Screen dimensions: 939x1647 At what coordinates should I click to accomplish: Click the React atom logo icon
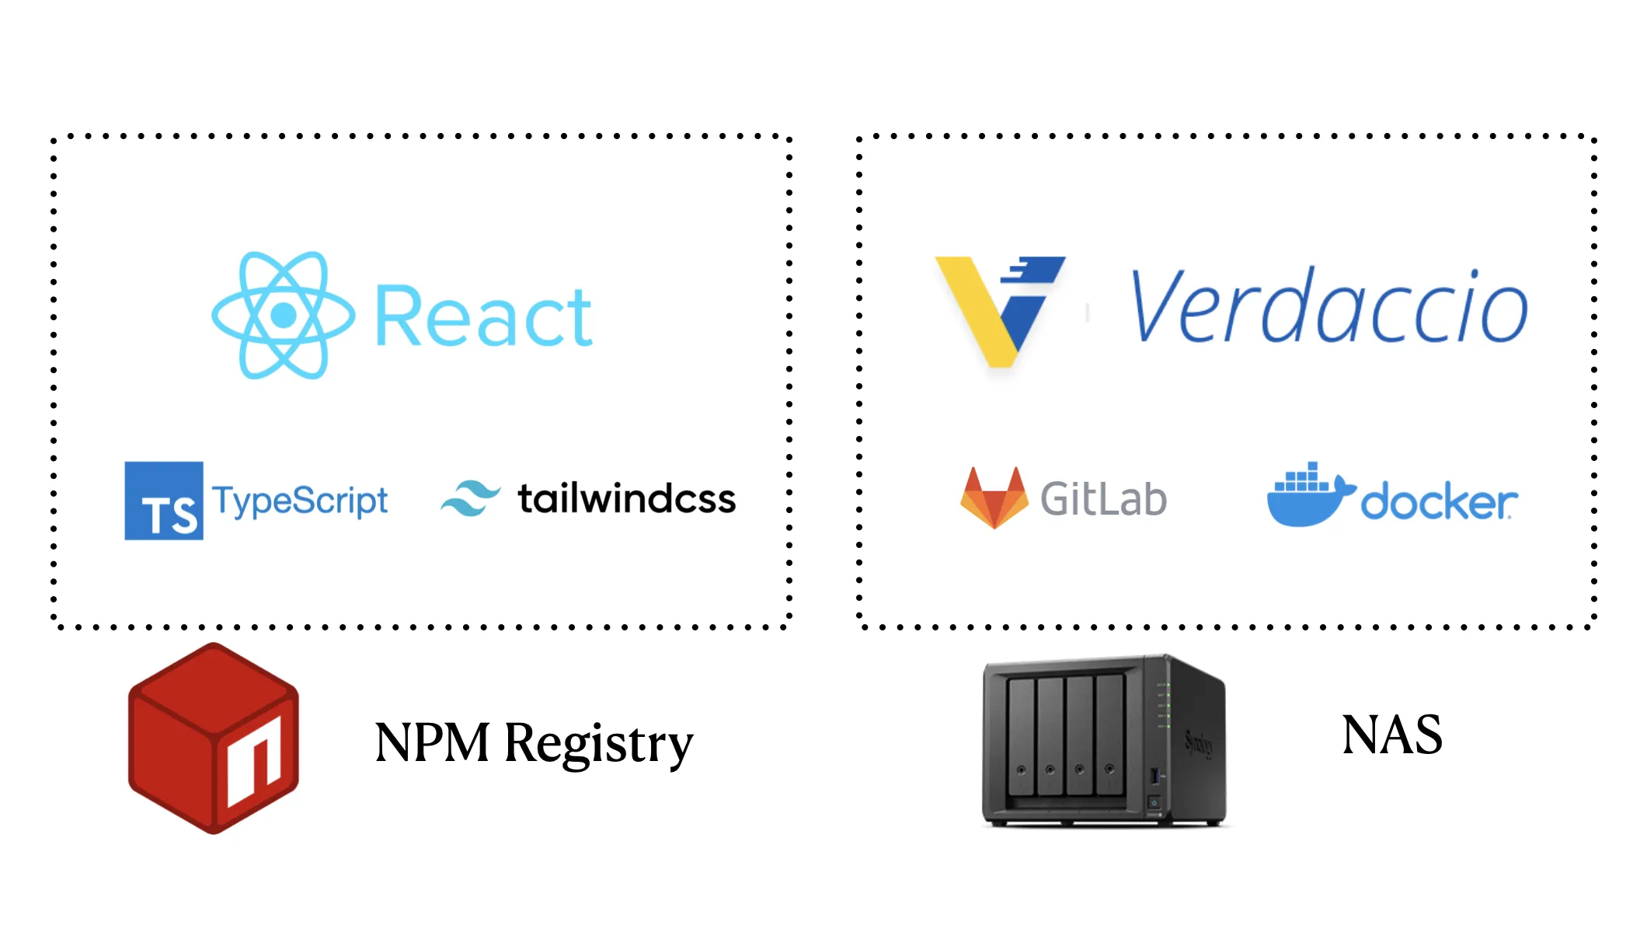click(x=284, y=315)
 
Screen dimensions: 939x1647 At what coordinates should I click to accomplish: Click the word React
click(x=483, y=317)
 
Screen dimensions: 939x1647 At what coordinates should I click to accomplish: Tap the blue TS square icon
click(x=164, y=501)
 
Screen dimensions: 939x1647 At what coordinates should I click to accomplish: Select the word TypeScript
click(x=300, y=501)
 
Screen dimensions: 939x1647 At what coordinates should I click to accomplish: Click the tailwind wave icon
click(x=471, y=498)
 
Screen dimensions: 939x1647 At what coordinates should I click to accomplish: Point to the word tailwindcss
click(x=626, y=499)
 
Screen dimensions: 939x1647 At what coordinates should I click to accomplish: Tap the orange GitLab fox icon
click(x=994, y=497)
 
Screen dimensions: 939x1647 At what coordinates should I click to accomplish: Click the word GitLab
click(x=1103, y=499)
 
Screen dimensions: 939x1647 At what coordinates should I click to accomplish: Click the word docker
click(x=1438, y=502)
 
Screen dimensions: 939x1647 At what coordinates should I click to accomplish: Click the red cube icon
click(x=213, y=738)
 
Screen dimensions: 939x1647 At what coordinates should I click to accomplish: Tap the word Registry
click(x=598, y=743)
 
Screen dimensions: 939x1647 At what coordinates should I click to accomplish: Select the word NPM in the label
click(x=432, y=743)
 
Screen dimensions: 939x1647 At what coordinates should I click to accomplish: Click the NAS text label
click(x=1391, y=735)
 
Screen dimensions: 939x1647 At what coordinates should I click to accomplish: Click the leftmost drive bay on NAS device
click(x=1021, y=735)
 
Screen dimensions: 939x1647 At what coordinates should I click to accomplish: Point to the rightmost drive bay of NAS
click(x=1109, y=735)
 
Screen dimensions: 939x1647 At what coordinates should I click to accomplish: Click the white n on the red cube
click(x=255, y=762)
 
